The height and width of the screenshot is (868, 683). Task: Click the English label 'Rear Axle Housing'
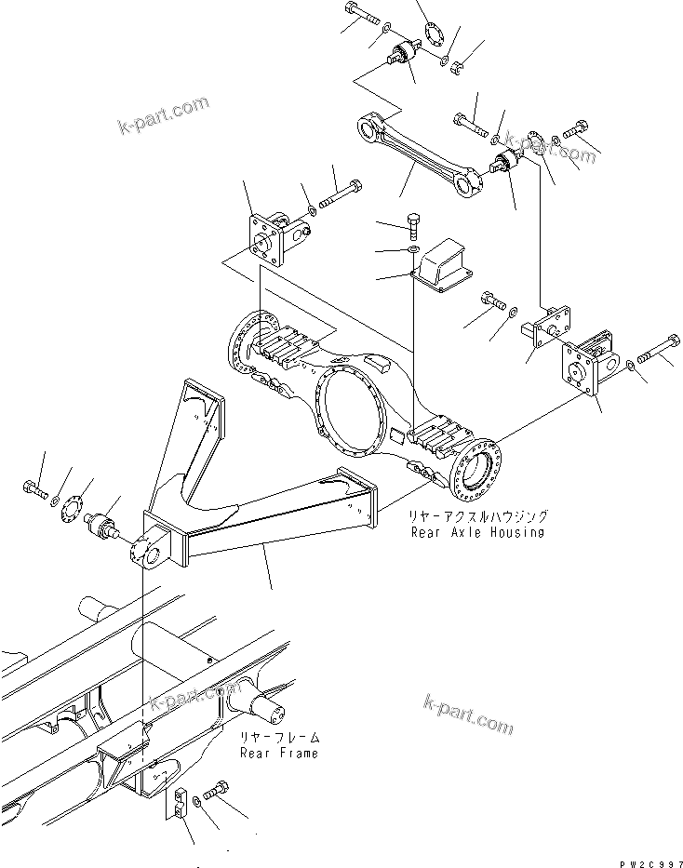[478, 532]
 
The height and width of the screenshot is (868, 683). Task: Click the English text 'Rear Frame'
[278, 753]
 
